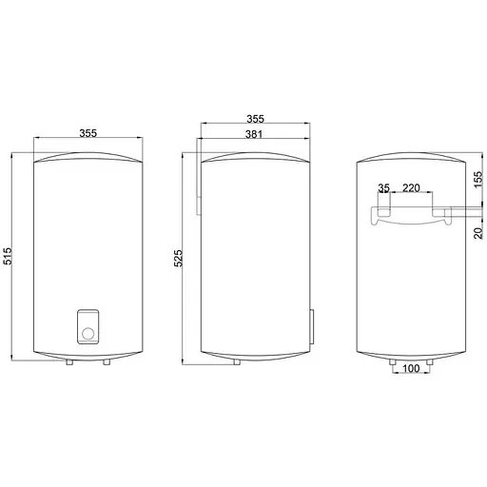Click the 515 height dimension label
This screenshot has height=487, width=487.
(x=8, y=256)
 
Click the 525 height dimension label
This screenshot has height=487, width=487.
(x=179, y=258)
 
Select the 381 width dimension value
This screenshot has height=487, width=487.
(x=254, y=134)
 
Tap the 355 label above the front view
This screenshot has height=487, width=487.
(x=88, y=133)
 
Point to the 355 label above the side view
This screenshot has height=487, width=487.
(x=255, y=119)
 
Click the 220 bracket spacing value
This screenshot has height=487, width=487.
(x=411, y=188)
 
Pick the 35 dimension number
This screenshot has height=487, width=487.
(x=383, y=188)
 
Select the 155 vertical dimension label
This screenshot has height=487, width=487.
(x=477, y=180)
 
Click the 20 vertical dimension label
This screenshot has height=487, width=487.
(x=477, y=233)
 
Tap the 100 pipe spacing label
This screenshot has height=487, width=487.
(x=411, y=368)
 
